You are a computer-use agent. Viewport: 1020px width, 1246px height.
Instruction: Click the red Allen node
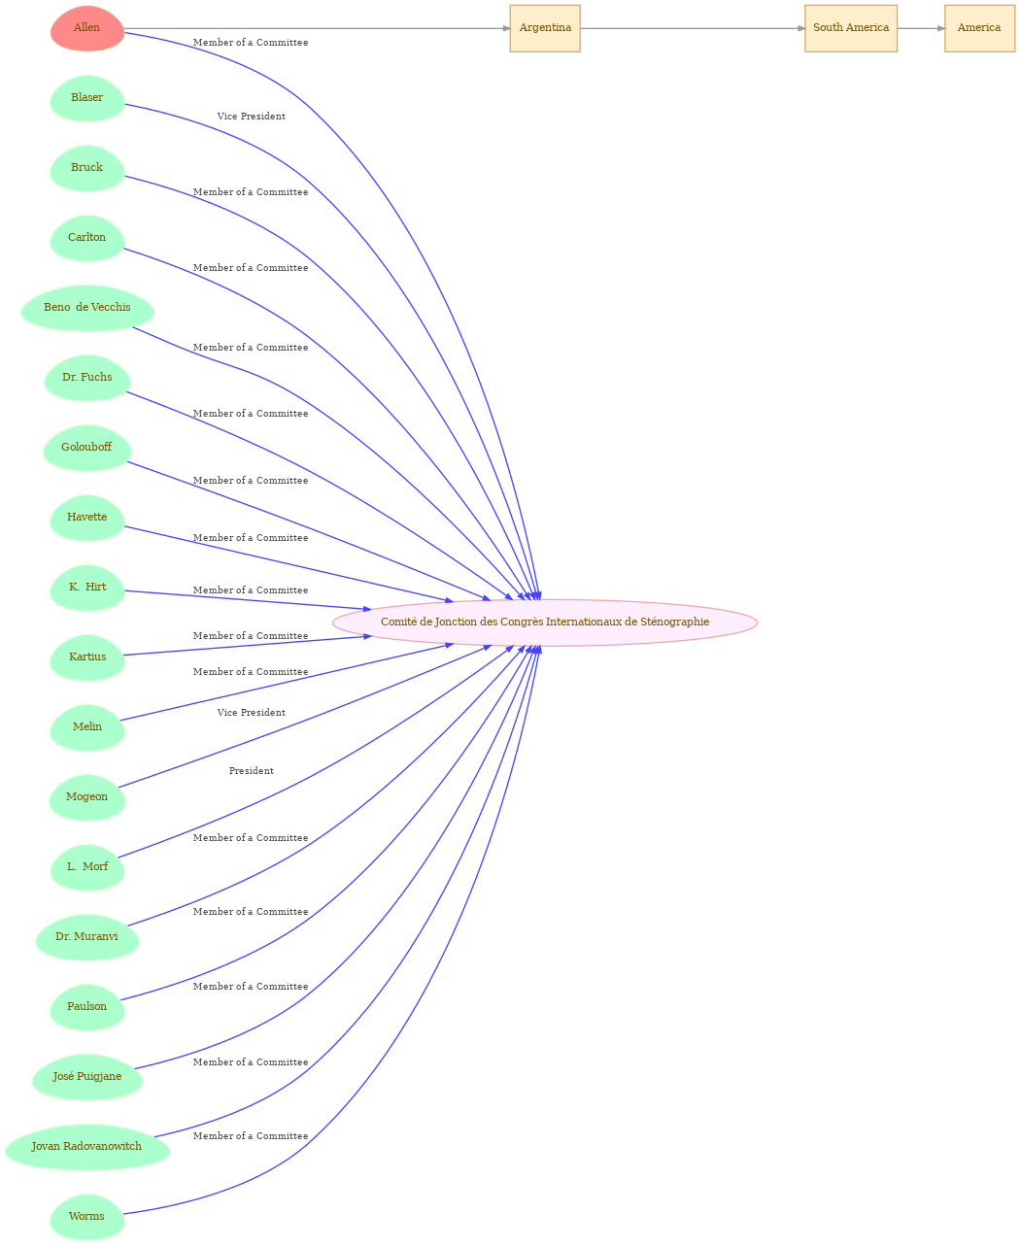pyautogui.click(x=87, y=28)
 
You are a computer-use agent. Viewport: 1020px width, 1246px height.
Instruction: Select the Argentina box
pyautogui.click(x=545, y=28)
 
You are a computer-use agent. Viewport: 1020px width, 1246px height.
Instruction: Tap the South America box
pyautogui.click(x=850, y=28)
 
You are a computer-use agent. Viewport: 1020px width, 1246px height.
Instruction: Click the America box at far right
pyautogui.click(x=979, y=28)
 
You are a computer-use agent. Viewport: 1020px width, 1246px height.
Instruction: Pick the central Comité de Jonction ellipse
pyautogui.click(x=545, y=623)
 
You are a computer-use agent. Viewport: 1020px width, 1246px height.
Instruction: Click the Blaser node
pyautogui.click(x=87, y=98)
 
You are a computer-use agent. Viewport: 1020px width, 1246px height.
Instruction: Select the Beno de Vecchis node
pyautogui.click(x=87, y=308)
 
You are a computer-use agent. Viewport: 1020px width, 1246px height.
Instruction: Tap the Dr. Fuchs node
pyautogui.click(x=87, y=378)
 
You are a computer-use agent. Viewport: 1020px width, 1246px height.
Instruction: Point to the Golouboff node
pyautogui.click(x=87, y=448)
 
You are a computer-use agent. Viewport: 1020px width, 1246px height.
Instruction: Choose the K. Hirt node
pyautogui.click(x=87, y=588)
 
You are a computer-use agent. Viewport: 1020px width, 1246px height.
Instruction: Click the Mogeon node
pyautogui.click(x=87, y=797)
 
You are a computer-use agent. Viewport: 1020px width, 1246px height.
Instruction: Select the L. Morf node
pyautogui.click(x=87, y=867)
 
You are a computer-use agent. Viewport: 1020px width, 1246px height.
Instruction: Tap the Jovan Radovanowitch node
pyautogui.click(x=87, y=1147)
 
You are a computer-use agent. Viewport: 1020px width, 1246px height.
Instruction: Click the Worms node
pyautogui.click(x=87, y=1217)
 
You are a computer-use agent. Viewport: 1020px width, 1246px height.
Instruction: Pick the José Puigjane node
pyautogui.click(x=87, y=1077)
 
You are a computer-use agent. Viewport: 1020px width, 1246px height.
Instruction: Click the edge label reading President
pyautogui.click(x=251, y=771)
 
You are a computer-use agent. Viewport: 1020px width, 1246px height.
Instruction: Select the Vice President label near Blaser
pyautogui.click(x=251, y=117)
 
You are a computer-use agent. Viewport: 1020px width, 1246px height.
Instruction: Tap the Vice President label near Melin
pyautogui.click(x=251, y=713)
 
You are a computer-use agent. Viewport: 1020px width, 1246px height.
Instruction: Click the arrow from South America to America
pyautogui.click(x=921, y=28)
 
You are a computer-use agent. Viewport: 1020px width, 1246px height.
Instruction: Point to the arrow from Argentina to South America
pyautogui.click(x=692, y=28)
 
